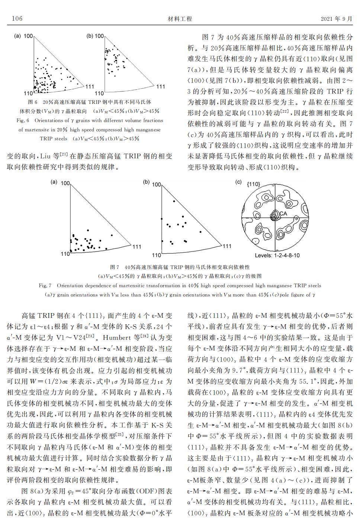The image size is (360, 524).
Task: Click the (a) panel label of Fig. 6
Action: click(x=17, y=36)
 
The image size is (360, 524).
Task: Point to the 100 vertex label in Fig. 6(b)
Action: click(x=99, y=36)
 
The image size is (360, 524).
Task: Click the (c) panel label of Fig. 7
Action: click(x=239, y=182)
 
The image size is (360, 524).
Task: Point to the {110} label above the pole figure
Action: click(x=253, y=184)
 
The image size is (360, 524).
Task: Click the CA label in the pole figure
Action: click(x=283, y=214)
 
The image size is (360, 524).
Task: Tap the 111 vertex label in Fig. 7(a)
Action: click(x=136, y=247)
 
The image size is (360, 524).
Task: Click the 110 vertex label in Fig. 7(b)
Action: click(x=157, y=255)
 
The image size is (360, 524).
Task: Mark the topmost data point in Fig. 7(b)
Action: click(x=174, y=201)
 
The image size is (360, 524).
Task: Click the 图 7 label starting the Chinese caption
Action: click(x=115, y=267)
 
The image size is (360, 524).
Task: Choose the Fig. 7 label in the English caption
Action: click(x=45, y=286)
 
